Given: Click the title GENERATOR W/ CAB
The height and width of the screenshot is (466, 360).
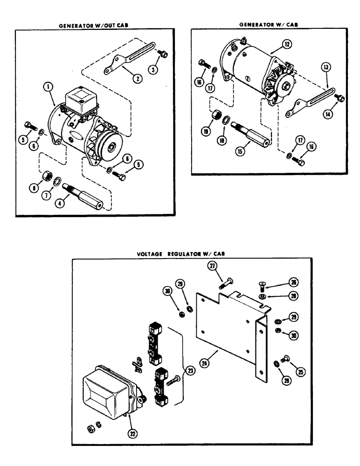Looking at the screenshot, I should (x=267, y=24).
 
